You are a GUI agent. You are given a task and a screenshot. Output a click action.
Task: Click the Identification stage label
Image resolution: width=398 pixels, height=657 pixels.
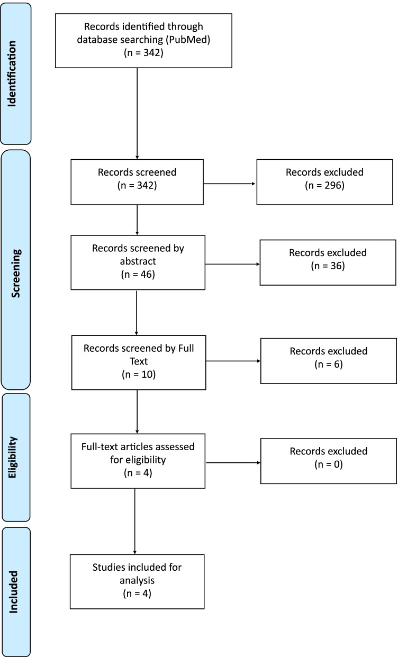pyautogui.click(x=16, y=73)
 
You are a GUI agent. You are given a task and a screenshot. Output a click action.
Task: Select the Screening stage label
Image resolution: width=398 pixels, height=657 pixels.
pyautogui.click(x=16, y=270)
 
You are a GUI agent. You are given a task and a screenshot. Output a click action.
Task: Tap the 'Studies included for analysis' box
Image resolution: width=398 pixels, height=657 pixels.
pyautogui.click(x=137, y=580)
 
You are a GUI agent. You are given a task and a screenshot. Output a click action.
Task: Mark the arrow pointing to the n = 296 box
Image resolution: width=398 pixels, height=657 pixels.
pyautogui.click(x=230, y=185)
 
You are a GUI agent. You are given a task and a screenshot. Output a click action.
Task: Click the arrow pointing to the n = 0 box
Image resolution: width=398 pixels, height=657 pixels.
pyautogui.click(x=233, y=464)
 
